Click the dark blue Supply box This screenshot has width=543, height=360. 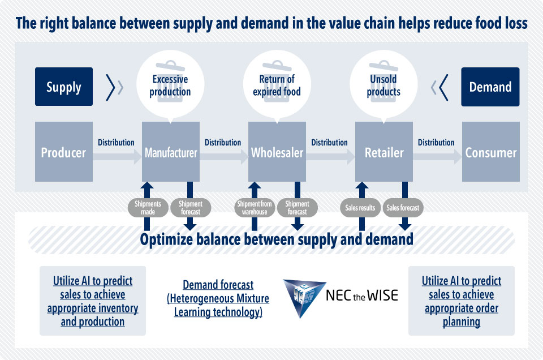point(64,87)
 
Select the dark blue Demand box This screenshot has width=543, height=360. point(490,87)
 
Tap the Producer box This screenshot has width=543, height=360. point(64,151)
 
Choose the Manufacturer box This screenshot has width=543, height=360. point(171,151)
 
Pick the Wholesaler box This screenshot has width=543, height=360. point(277,151)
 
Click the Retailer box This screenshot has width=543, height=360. point(384,151)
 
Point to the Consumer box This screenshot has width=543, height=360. point(491,151)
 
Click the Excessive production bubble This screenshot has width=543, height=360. point(170,85)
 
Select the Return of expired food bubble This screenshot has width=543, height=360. point(277,85)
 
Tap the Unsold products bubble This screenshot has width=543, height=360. point(383,85)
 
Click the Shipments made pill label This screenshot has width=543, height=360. point(148,208)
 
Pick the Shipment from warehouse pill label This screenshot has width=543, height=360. point(255,208)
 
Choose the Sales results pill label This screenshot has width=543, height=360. point(360,208)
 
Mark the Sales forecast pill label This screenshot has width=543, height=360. point(403,208)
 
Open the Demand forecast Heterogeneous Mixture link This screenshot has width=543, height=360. point(218,298)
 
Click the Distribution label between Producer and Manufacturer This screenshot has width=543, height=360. point(116,143)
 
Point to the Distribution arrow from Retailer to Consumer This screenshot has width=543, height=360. point(437,157)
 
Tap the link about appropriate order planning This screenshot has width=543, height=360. point(462,301)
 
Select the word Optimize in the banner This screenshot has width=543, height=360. point(166,239)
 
